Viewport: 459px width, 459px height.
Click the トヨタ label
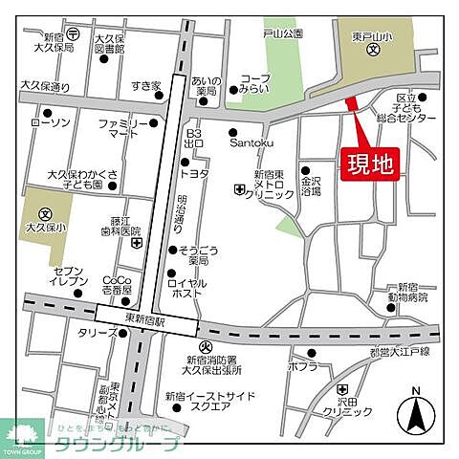coord(197,174)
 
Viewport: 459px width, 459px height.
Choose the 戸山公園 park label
coord(284,33)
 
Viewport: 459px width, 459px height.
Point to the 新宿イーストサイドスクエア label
coord(200,401)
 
